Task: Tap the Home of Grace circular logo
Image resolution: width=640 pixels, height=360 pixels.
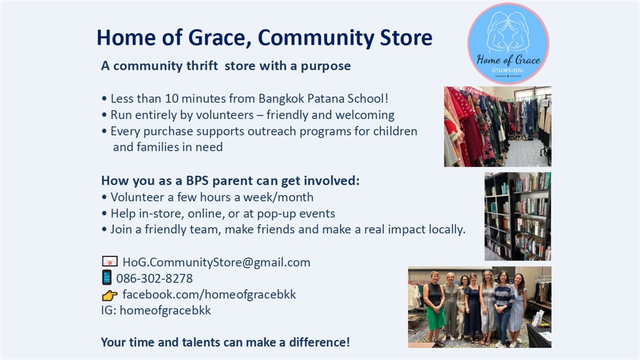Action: click(x=508, y=43)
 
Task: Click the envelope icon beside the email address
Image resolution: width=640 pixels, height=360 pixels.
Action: click(x=109, y=261)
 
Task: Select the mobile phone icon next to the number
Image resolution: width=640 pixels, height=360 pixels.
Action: click(x=106, y=277)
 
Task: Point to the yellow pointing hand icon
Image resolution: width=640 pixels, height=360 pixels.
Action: click(x=109, y=295)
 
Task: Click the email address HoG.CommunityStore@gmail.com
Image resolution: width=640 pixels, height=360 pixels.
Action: click(x=216, y=262)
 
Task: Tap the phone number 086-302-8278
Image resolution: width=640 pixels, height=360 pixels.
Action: click(x=154, y=278)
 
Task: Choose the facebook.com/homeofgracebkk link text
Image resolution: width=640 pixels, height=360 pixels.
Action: click(x=209, y=294)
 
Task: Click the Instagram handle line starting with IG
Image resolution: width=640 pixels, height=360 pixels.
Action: click(x=156, y=310)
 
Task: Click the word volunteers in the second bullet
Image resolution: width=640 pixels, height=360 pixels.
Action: click(x=224, y=115)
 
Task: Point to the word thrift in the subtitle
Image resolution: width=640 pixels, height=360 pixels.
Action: click(x=202, y=65)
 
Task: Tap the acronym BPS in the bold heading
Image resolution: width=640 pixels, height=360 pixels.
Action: click(x=197, y=180)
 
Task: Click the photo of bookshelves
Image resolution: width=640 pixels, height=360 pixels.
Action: click(x=517, y=216)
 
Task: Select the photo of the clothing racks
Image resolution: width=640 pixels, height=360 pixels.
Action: click(x=497, y=126)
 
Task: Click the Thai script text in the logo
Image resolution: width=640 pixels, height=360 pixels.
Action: click(x=507, y=70)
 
